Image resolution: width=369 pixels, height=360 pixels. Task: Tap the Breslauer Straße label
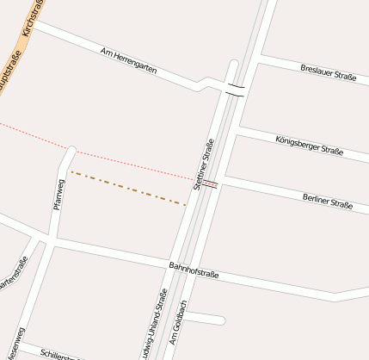[x=328, y=72]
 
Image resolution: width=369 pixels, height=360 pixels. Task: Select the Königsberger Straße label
[x=310, y=146]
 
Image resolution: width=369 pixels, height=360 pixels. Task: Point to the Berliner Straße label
[x=327, y=202]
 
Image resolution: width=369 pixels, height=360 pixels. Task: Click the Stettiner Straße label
[x=204, y=164]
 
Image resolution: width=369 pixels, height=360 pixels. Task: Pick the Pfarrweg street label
[x=59, y=194]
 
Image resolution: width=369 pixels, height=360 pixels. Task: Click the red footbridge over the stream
[x=209, y=183]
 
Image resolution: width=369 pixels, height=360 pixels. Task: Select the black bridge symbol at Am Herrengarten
[x=236, y=90]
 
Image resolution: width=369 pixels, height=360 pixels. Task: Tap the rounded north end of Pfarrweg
[x=71, y=151]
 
